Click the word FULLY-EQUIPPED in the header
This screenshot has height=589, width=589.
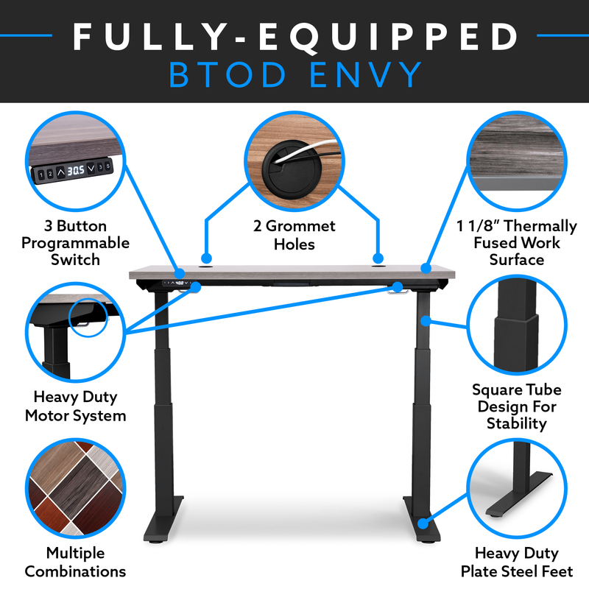pos(296,37)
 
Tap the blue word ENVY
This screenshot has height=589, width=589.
pos(365,75)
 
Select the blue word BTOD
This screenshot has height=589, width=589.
pos(228,75)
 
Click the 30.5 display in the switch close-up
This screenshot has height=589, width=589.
pos(76,171)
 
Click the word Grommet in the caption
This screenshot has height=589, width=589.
pos(300,226)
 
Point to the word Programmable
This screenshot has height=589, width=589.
pos(76,244)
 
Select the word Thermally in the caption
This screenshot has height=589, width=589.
pos(540,227)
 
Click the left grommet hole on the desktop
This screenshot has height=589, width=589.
pos(206,267)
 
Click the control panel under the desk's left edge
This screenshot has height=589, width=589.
pos(177,283)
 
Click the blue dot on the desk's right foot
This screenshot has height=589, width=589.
pos(423,523)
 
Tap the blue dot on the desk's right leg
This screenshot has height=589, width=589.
pos(426,321)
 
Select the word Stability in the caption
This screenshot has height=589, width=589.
pos(517,424)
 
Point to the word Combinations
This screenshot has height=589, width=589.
pos(75,572)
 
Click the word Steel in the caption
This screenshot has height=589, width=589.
pos(523,572)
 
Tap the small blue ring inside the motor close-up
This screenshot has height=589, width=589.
pos(88,300)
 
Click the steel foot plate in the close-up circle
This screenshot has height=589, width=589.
pos(519,495)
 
